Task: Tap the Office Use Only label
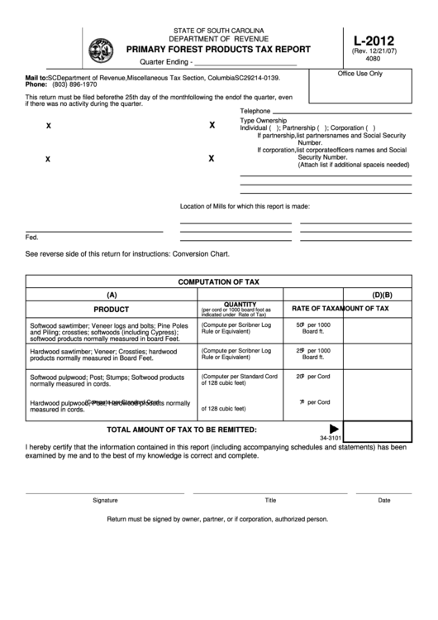pyautogui.click(x=360, y=74)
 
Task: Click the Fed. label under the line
pyautogui.click(x=32, y=237)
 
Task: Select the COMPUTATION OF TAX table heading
pyautogui.click(x=218, y=281)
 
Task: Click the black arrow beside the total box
pyautogui.click(x=335, y=428)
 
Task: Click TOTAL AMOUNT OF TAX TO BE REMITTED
pyautogui.click(x=182, y=430)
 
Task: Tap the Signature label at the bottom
pyautogui.click(x=105, y=500)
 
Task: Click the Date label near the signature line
pyautogui.click(x=384, y=500)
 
